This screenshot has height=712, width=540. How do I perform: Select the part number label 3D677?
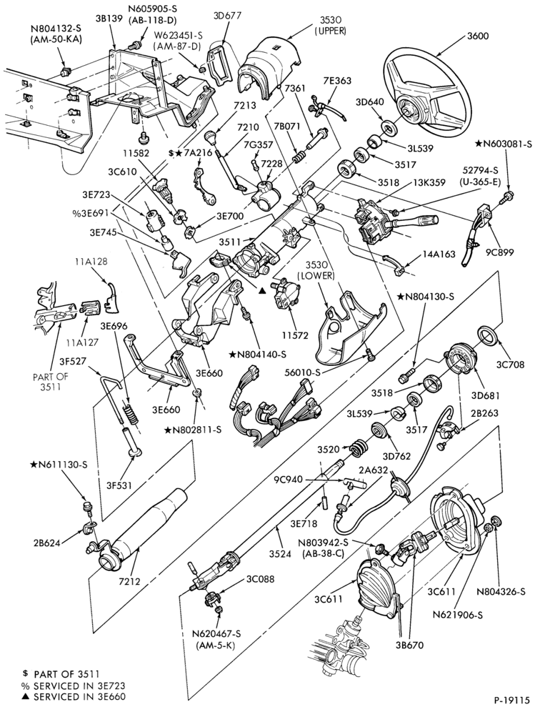[227, 16]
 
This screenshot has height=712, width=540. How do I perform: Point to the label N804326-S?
[501, 592]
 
